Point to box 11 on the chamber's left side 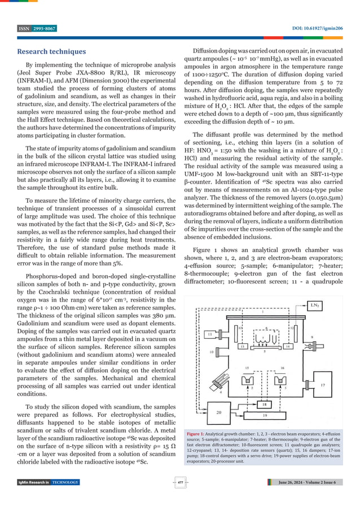[212, 334]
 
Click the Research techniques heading [51, 52]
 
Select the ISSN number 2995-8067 [44, 28]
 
